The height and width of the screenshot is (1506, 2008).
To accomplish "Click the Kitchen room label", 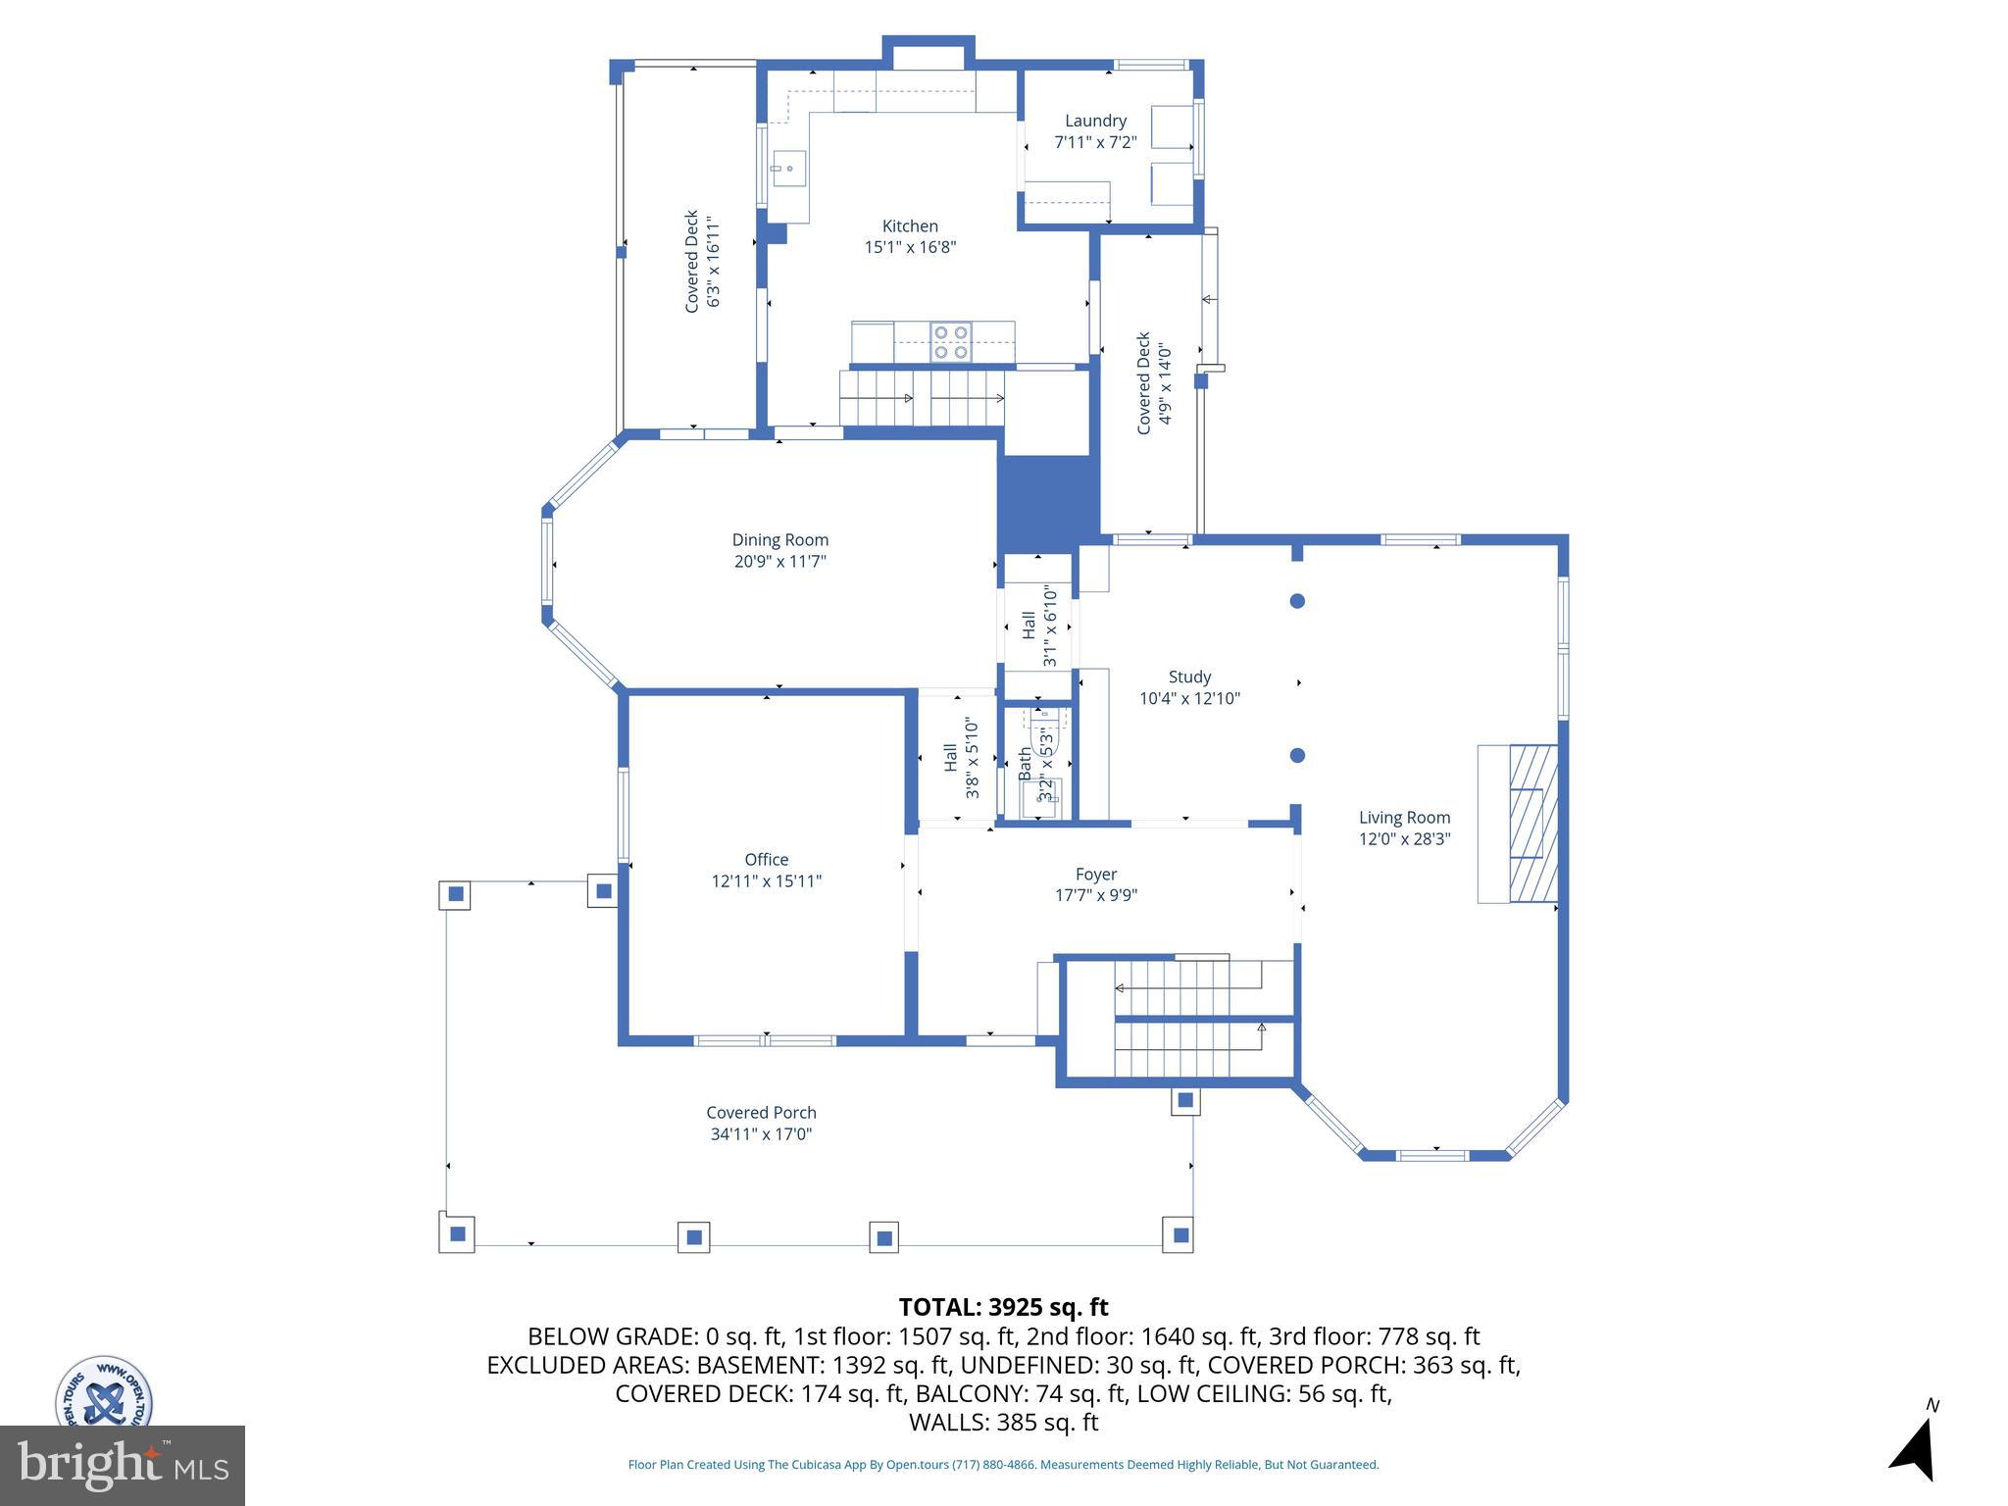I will tap(909, 226).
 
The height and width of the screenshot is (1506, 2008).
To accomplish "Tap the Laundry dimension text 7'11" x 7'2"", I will tap(1095, 142).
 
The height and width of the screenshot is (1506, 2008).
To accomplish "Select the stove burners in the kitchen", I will tap(950, 342).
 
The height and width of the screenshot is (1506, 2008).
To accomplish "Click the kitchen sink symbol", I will tap(786, 169).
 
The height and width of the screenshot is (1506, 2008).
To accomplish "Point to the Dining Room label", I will tap(779, 540).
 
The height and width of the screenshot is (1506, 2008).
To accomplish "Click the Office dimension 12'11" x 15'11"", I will tap(766, 881).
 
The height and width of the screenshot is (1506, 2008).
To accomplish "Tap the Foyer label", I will tap(1095, 875).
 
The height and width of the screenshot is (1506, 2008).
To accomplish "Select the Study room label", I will tap(1189, 678).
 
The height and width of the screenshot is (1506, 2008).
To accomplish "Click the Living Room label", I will tap(1404, 818).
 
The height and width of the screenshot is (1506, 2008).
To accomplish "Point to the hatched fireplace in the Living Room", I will tap(1532, 824).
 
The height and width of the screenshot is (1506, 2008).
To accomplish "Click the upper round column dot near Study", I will tap(1297, 601).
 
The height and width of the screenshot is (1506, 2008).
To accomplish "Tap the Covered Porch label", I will tap(761, 1113).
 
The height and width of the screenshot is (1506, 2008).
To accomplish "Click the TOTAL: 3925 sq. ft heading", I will tap(1003, 1307).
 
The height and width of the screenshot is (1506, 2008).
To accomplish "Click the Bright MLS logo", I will tap(122, 1465).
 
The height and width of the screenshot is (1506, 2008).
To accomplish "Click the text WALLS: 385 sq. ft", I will tap(1003, 1423).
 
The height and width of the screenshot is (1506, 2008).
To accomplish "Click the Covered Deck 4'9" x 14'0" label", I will tap(1153, 383).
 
